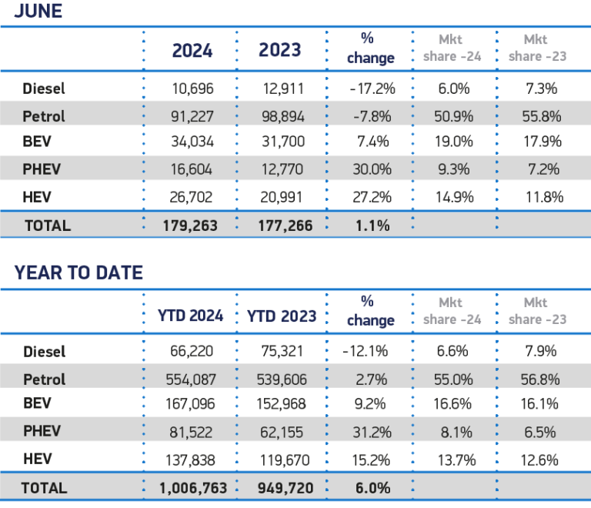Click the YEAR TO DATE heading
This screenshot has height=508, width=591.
point(78,273)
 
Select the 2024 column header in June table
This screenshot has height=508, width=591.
point(192,51)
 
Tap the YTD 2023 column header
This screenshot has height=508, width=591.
point(282,316)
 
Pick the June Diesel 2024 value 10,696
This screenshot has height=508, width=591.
point(192,89)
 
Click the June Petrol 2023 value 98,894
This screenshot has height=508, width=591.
point(281,116)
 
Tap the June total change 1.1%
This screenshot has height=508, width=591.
point(371,226)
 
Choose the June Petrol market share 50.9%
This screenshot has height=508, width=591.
point(452,116)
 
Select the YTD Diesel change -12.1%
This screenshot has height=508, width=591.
point(366,352)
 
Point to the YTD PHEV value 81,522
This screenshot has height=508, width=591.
point(192,432)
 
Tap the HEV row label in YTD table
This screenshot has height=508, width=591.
point(37,460)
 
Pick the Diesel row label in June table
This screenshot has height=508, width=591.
point(44,89)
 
